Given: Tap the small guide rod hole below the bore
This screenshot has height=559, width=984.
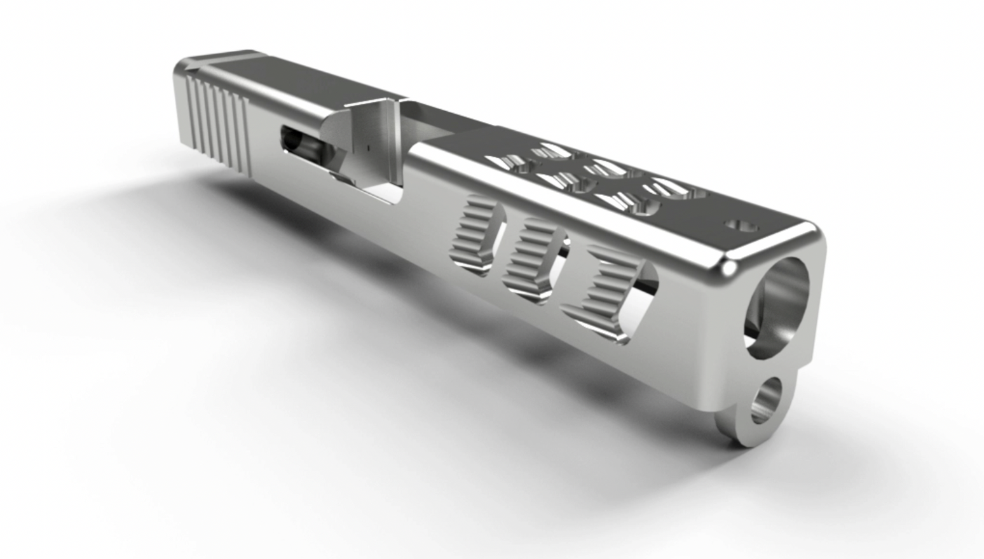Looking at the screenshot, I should click(x=767, y=401).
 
